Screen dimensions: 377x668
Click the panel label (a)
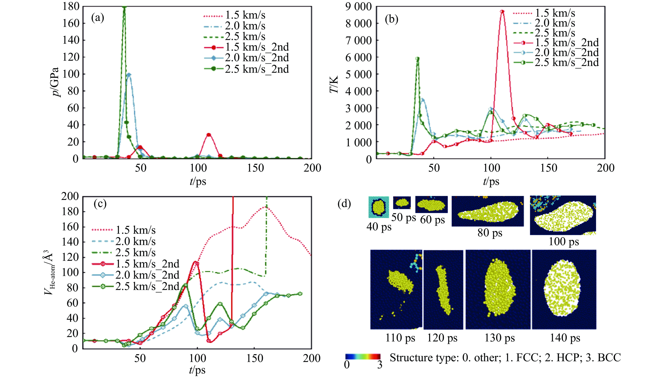click(98, 18)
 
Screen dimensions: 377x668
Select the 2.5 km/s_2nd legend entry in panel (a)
click(257, 69)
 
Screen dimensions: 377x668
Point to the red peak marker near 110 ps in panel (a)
click(209, 135)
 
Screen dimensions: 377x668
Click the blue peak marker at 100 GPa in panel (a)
click(129, 75)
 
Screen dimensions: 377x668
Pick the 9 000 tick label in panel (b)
click(359, 7)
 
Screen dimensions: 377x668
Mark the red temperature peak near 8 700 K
click(502, 11)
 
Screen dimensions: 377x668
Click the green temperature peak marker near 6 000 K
click(417, 59)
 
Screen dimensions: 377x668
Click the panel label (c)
click(100, 204)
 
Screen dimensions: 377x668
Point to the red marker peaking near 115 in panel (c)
click(197, 263)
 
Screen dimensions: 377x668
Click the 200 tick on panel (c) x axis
click(311, 358)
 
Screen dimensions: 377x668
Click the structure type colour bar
click(363, 356)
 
